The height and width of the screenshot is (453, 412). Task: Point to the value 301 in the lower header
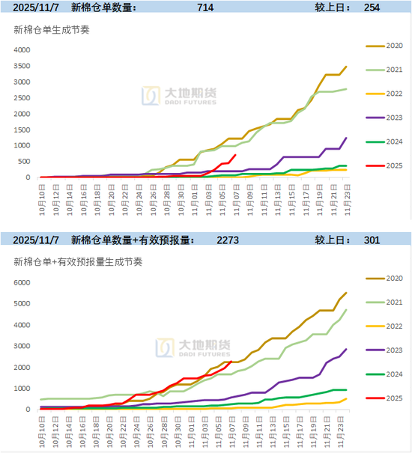coord(372,240)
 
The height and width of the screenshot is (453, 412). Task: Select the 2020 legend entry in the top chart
coord(384,46)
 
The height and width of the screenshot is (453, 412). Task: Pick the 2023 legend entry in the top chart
coord(384,118)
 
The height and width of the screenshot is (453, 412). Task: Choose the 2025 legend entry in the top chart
coord(384,165)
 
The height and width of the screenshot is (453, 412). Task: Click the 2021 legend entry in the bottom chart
coord(384,302)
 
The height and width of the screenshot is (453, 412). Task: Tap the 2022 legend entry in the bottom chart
coord(384,326)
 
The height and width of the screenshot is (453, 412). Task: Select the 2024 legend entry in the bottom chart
coord(384,374)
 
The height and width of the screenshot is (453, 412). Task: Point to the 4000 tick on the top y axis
coord(22,50)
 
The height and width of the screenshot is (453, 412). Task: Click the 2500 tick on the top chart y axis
coord(22,98)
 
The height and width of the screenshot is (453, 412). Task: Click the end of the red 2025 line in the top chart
coord(236,155)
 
